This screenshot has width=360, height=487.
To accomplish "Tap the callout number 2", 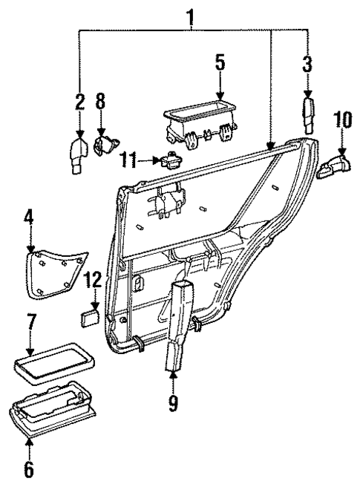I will coord(79,102).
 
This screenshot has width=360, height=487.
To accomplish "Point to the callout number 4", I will coord(29,219).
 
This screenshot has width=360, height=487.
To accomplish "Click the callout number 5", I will coord(220,63).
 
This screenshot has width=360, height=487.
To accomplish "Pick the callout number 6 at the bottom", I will coord(29,469).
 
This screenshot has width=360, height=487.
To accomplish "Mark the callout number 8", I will coord(101,102).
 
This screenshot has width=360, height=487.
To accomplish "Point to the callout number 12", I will coord(92,281).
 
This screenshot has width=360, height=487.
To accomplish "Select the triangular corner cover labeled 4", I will coord(54,271).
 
